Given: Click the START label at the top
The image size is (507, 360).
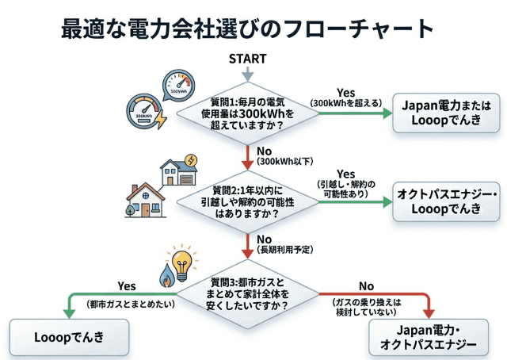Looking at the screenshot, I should coord(247,59).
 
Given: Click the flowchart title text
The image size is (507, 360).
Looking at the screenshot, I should coord(247,29).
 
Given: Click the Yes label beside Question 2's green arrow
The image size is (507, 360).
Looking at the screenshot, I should coord(346,174).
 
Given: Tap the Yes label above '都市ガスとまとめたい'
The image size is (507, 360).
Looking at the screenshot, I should coord(127,285).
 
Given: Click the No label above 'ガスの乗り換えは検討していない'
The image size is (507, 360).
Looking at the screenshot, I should coord(366,285).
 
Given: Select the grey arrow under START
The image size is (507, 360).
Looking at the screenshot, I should coord(247,74).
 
